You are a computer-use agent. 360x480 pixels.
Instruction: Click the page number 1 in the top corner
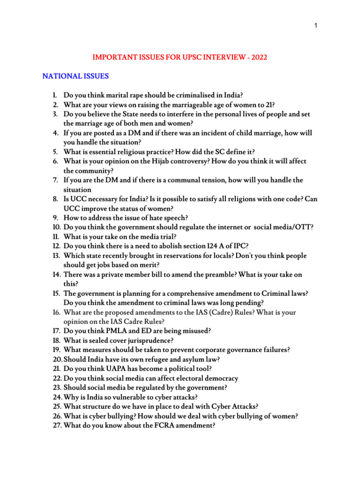[x=316, y=25]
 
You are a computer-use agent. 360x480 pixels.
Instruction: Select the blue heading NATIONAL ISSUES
[x=75, y=76]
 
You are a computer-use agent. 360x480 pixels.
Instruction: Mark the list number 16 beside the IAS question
[x=56, y=312]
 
